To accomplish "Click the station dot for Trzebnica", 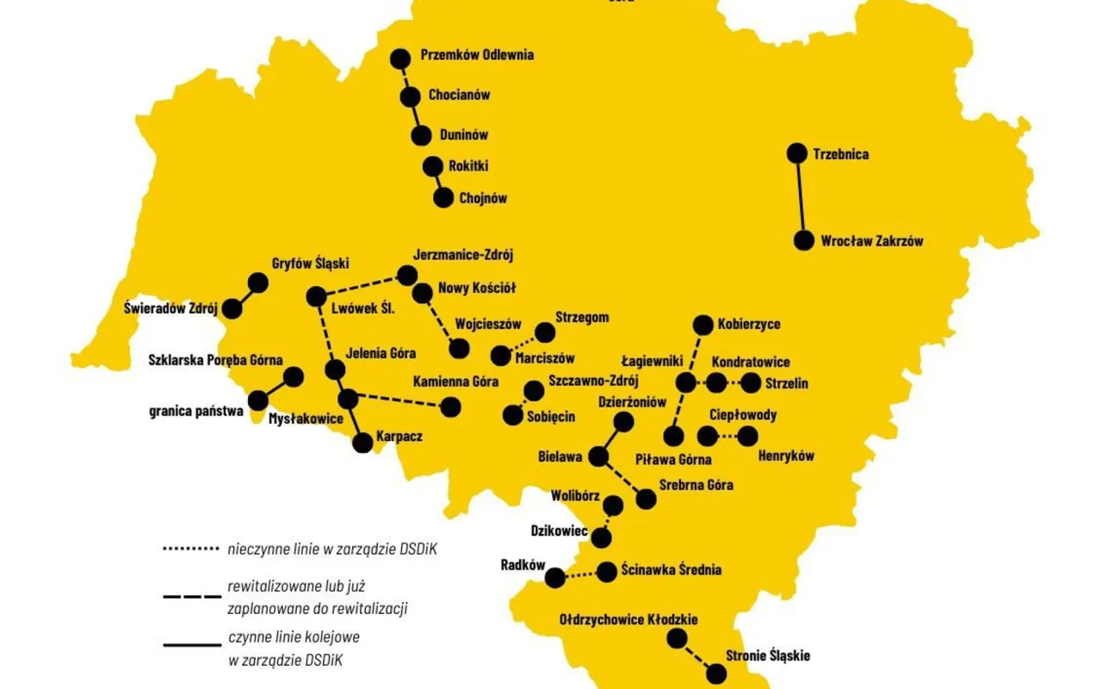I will [x=797, y=153].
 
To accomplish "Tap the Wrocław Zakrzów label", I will [x=871, y=241].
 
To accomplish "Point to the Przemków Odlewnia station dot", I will [x=400, y=59].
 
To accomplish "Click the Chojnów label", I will [x=483, y=198].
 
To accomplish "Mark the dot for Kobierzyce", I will [x=703, y=325].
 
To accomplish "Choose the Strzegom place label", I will [x=582, y=317].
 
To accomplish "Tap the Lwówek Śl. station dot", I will [x=316, y=296].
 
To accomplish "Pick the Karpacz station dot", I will [x=362, y=443].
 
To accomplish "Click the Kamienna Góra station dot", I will [x=449, y=407].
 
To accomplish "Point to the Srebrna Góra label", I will [x=696, y=485].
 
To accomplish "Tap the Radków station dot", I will [x=555, y=578].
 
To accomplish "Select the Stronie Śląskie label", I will [x=768, y=655].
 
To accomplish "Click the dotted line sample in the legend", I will [x=191, y=548].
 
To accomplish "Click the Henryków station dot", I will [x=747, y=437].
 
